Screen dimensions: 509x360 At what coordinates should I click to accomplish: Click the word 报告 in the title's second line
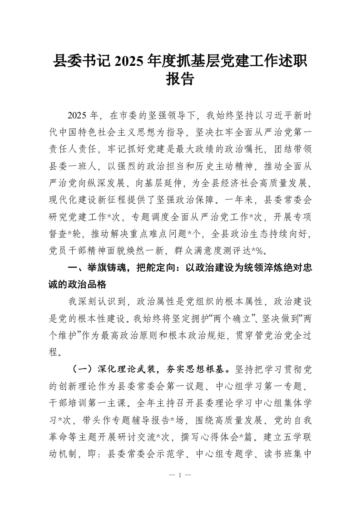pos(180,79)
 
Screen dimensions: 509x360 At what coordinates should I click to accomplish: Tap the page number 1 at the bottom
pos(180,475)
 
